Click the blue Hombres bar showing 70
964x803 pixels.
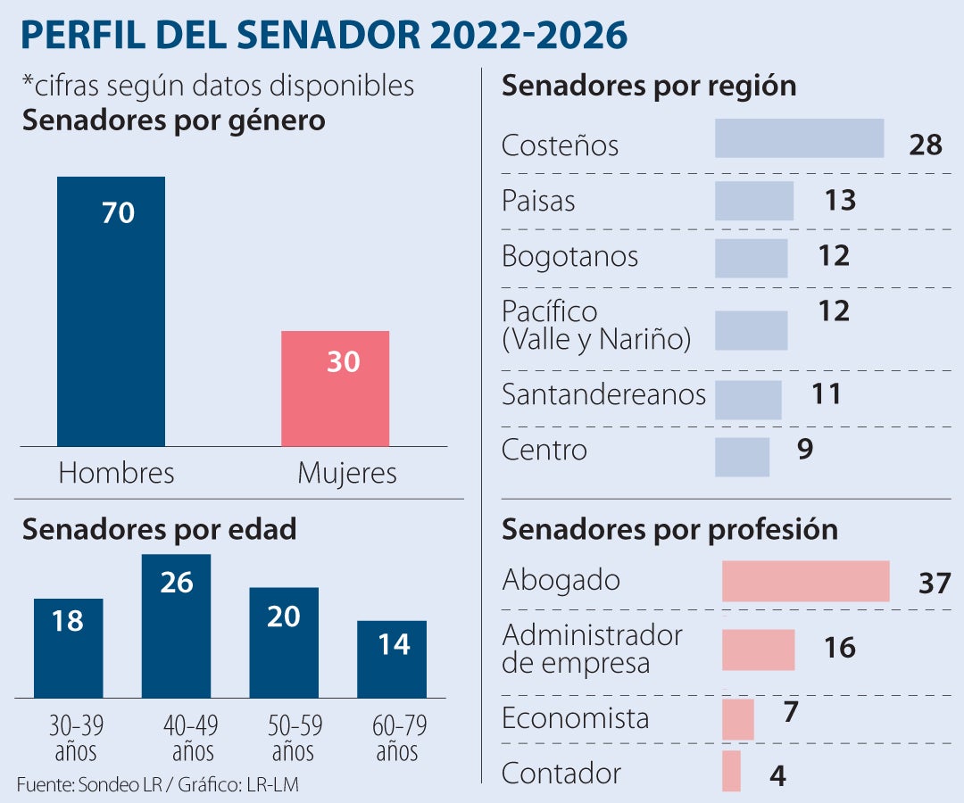(111, 311)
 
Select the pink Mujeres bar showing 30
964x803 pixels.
(335, 388)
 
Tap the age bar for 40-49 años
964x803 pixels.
(176, 625)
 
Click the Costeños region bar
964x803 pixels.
(799, 138)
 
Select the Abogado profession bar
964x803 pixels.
(805, 581)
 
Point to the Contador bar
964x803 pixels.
(731, 771)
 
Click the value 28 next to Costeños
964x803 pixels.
(926, 145)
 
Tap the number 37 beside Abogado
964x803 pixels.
(935, 584)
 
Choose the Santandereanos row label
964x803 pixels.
(603, 394)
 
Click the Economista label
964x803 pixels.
(575, 718)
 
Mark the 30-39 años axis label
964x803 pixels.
(68, 737)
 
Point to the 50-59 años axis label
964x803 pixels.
(284, 737)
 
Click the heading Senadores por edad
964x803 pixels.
(159, 529)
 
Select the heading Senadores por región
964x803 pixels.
(649, 87)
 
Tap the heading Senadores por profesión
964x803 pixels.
(669, 529)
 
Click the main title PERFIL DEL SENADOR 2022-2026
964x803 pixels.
(323, 35)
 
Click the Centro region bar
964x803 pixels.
(742, 457)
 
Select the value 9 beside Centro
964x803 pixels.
(804, 450)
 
